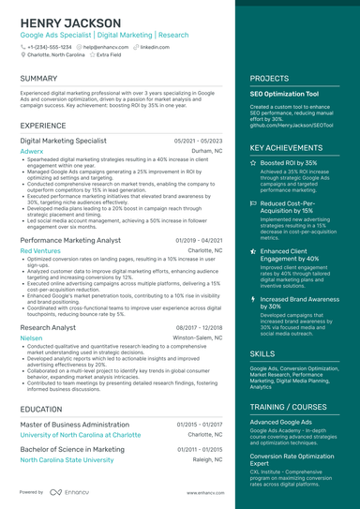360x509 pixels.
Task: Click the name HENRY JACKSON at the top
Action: click(70, 22)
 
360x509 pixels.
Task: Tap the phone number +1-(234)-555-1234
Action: click(49, 46)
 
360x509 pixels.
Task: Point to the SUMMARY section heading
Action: click(38, 79)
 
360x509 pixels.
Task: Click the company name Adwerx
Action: click(31, 150)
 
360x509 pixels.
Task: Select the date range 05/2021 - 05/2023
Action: click(198, 141)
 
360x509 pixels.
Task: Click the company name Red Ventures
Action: click(40, 251)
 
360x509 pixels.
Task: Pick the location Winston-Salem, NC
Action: click(198, 337)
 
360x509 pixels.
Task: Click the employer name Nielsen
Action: click(31, 337)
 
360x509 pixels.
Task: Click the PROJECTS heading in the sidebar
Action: click(269, 79)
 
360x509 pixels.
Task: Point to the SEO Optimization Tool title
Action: click(284, 95)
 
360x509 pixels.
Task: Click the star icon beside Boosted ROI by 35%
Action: click(253, 163)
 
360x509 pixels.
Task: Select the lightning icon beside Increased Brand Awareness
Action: click(253, 299)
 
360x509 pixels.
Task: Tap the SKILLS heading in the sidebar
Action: click(262, 353)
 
